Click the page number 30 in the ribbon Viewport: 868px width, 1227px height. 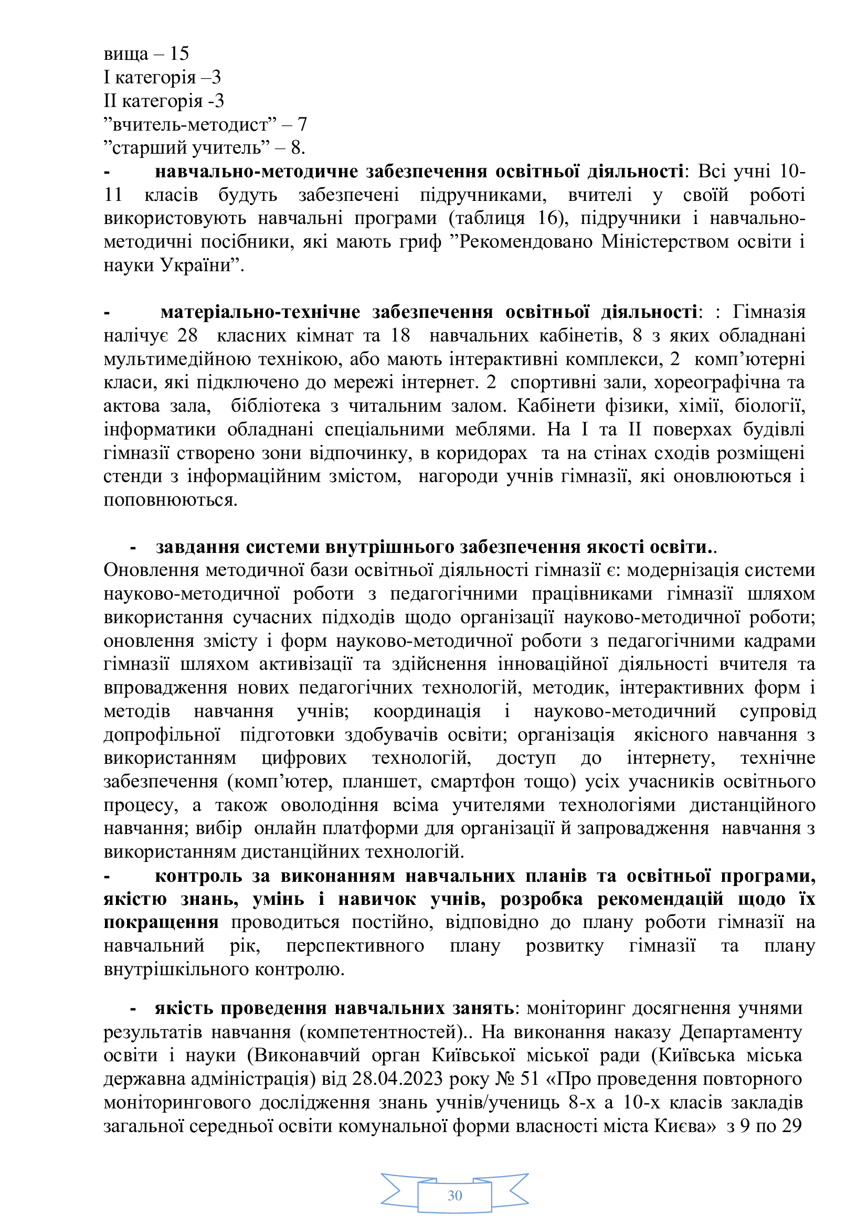(x=454, y=1196)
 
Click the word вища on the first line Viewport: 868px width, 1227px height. (x=125, y=54)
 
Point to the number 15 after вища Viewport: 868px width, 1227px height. (x=179, y=54)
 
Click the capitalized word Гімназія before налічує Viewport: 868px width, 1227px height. (x=769, y=312)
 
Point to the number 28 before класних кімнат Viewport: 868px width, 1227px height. (x=187, y=336)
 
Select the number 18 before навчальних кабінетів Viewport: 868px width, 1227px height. (x=400, y=336)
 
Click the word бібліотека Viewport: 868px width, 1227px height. (x=276, y=406)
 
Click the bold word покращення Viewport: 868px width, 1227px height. (x=161, y=923)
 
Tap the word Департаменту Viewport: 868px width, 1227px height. (x=741, y=1032)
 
